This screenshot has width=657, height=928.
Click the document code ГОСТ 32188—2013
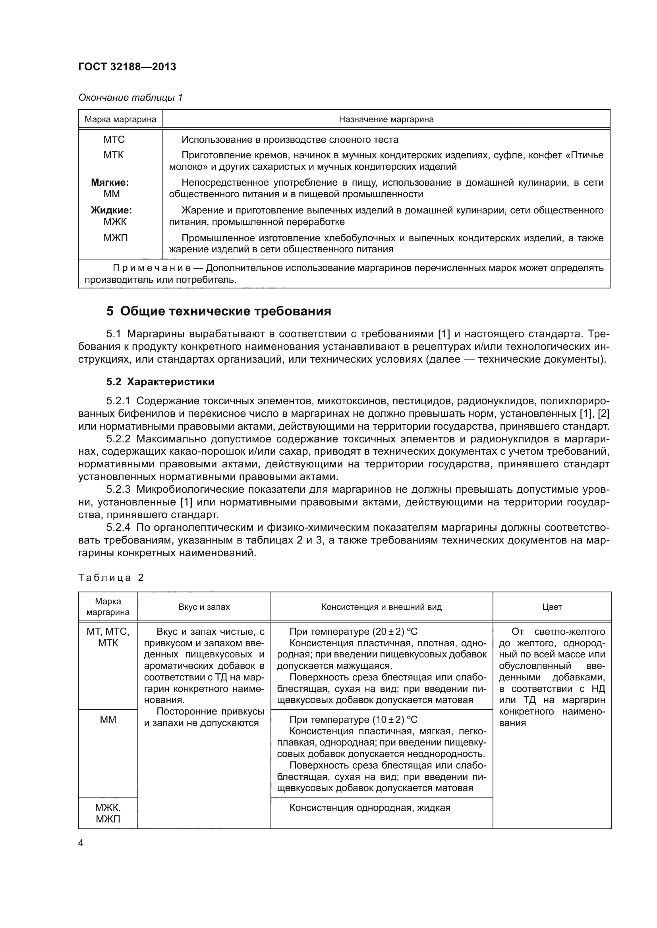click(x=127, y=67)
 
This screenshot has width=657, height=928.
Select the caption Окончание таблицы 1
click(x=130, y=98)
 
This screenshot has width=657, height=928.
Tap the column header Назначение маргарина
click(x=386, y=119)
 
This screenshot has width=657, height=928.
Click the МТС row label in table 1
click(x=114, y=139)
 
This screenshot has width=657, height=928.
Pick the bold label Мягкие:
click(x=110, y=182)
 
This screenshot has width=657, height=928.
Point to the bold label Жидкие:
click(x=111, y=210)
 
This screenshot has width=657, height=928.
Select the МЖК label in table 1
click(x=115, y=221)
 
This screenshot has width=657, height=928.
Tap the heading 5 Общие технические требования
click(x=218, y=311)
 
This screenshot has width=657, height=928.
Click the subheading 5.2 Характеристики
click(x=160, y=382)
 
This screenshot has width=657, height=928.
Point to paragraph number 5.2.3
click(x=118, y=490)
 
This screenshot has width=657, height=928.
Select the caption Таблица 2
click(x=111, y=578)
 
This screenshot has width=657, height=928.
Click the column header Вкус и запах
click(x=204, y=607)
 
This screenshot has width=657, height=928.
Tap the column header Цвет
click(x=552, y=607)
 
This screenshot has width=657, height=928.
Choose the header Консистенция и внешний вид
click(x=381, y=607)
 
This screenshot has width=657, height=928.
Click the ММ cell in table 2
click(x=108, y=719)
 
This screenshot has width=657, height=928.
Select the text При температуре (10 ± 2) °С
click(x=353, y=719)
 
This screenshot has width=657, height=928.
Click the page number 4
click(x=81, y=843)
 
